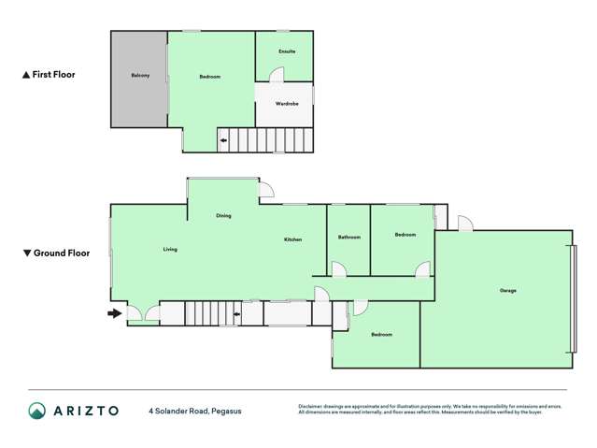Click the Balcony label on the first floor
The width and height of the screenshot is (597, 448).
tap(140, 77)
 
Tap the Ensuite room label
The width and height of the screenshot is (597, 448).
tap(287, 51)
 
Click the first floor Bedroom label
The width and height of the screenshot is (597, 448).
tap(210, 77)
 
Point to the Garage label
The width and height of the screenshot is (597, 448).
tap(507, 290)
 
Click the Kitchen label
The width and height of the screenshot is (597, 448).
tap(292, 239)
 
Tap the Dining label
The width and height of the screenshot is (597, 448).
tap(223, 216)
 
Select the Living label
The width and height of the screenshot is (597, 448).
tap(170, 249)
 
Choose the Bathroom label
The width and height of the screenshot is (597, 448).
tap(348, 237)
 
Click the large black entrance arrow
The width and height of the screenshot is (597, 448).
tap(115, 313)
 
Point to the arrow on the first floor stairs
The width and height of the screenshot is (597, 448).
tap(223, 140)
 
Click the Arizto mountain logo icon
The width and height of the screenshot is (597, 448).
tap(36, 411)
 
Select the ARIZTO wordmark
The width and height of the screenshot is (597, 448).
tap(86, 411)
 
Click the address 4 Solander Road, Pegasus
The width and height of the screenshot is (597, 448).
tap(190, 411)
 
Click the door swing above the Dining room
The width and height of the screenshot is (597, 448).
tap(266, 190)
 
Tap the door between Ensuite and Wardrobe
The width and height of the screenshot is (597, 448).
tap(277, 74)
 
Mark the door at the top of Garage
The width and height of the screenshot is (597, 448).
tap(465, 224)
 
